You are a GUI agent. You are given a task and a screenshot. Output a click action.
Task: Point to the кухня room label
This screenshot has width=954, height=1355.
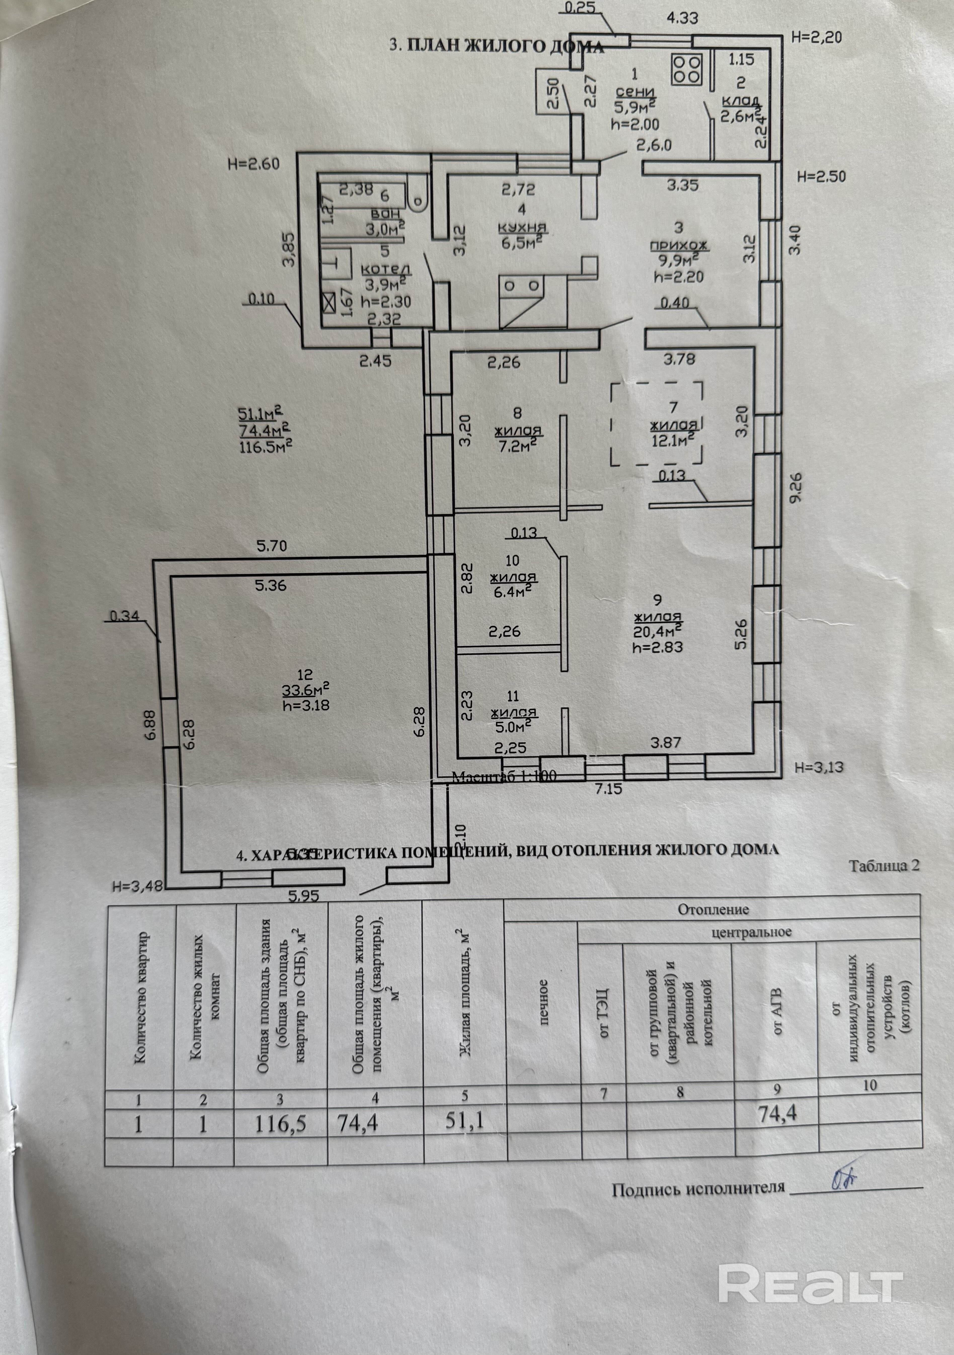(x=522, y=227)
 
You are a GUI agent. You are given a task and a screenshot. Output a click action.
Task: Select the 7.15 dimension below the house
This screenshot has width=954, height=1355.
(x=608, y=788)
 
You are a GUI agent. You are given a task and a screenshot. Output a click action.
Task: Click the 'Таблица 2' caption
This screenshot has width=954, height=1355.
(x=884, y=866)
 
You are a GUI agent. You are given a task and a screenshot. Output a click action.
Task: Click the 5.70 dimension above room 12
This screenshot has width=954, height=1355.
(x=271, y=546)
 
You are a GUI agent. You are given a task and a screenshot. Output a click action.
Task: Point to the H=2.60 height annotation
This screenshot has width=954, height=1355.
(x=253, y=164)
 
